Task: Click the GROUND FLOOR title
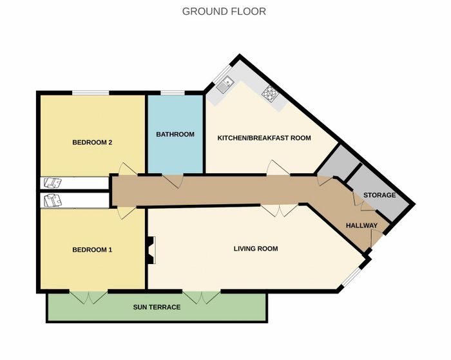point(224,12)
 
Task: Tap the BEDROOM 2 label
point(92,142)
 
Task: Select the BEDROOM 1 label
point(92,250)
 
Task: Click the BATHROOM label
point(175,135)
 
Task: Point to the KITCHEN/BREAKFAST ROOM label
point(264,138)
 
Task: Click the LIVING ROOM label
point(256,249)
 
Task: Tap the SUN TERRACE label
point(157,307)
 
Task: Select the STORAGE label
point(379,195)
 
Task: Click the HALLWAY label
point(361,225)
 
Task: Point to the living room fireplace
point(151,250)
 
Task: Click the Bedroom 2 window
point(91,93)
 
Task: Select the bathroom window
point(173,93)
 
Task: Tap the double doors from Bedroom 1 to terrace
point(89,297)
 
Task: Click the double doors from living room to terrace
point(202,297)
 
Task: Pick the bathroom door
point(173,181)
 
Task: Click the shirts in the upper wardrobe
point(53,183)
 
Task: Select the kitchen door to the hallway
point(278,167)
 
